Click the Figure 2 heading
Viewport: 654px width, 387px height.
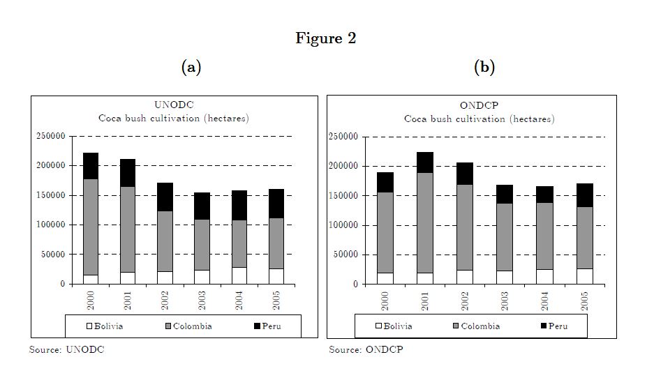coord(325,38)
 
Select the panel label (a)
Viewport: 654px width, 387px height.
coord(191,67)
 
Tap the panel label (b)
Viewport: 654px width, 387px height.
coord(484,67)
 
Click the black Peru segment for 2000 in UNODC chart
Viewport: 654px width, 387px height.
coord(91,166)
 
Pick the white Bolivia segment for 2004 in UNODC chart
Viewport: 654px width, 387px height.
coord(239,275)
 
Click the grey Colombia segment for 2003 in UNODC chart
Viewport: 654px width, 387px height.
coord(202,245)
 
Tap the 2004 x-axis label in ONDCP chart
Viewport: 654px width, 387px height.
coord(545,299)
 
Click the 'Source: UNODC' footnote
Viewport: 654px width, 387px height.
coord(66,349)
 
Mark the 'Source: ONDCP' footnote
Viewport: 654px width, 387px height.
coord(366,349)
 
